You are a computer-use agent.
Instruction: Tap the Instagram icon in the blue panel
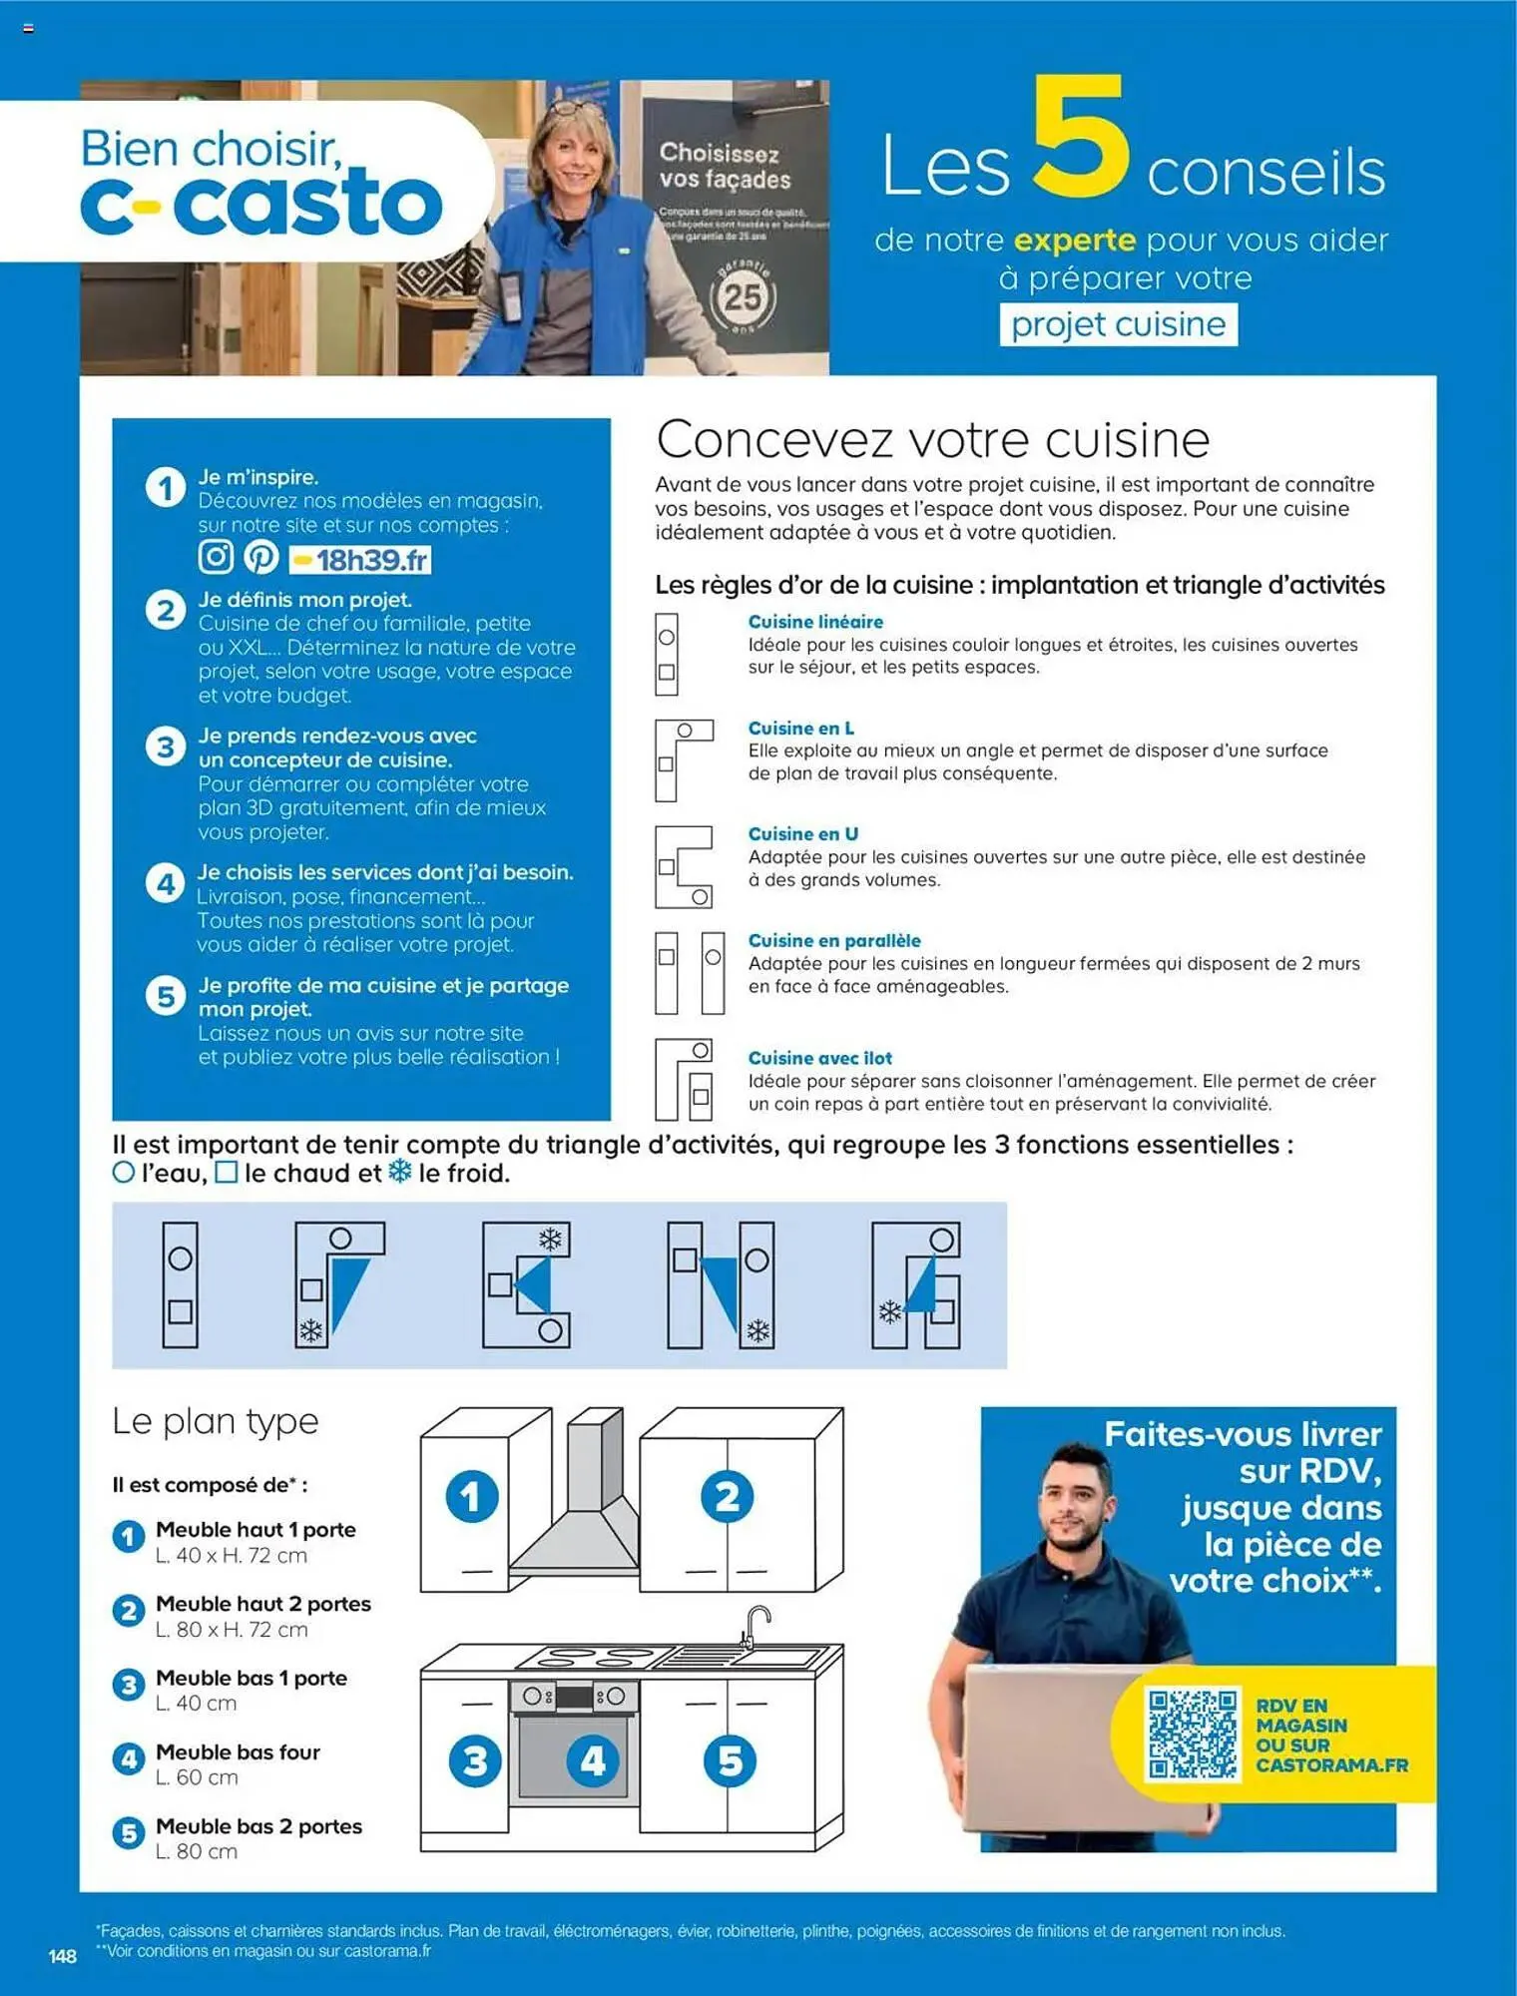(x=216, y=556)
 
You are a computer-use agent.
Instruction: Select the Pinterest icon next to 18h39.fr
(x=261, y=557)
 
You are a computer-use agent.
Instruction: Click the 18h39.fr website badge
(x=360, y=560)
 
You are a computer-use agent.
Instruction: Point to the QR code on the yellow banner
(x=1192, y=1734)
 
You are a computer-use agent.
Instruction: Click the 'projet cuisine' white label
(x=1118, y=324)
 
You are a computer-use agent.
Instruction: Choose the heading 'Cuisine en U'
(x=802, y=833)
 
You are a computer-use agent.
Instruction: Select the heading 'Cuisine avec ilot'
(x=819, y=1058)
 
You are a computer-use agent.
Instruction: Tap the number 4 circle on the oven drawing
(x=592, y=1761)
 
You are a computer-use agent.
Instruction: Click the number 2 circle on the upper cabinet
(x=727, y=1496)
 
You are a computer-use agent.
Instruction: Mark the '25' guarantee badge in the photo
(x=742, y=296)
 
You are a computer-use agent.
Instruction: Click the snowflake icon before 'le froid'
(x=399, y=1172)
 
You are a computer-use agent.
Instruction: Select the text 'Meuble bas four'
(x=238, y=1751)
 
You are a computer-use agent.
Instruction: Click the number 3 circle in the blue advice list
(x=166, y=747)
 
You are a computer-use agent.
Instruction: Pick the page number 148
(x=62, y=1956)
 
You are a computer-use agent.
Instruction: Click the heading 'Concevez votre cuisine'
(x=932, y=439)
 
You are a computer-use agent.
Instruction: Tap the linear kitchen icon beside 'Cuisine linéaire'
(x=667, y=654)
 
